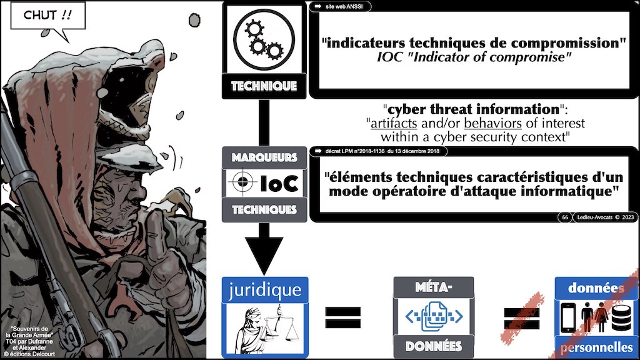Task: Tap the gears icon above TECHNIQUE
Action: pos(264,39)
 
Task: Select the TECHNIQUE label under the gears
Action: pos(264,86)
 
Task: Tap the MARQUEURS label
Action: pos(264,157)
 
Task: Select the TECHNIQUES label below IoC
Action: pos(264,210)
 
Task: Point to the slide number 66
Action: pos(565,217)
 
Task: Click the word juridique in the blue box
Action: pos(265,290)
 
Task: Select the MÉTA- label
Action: pos(433,288)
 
